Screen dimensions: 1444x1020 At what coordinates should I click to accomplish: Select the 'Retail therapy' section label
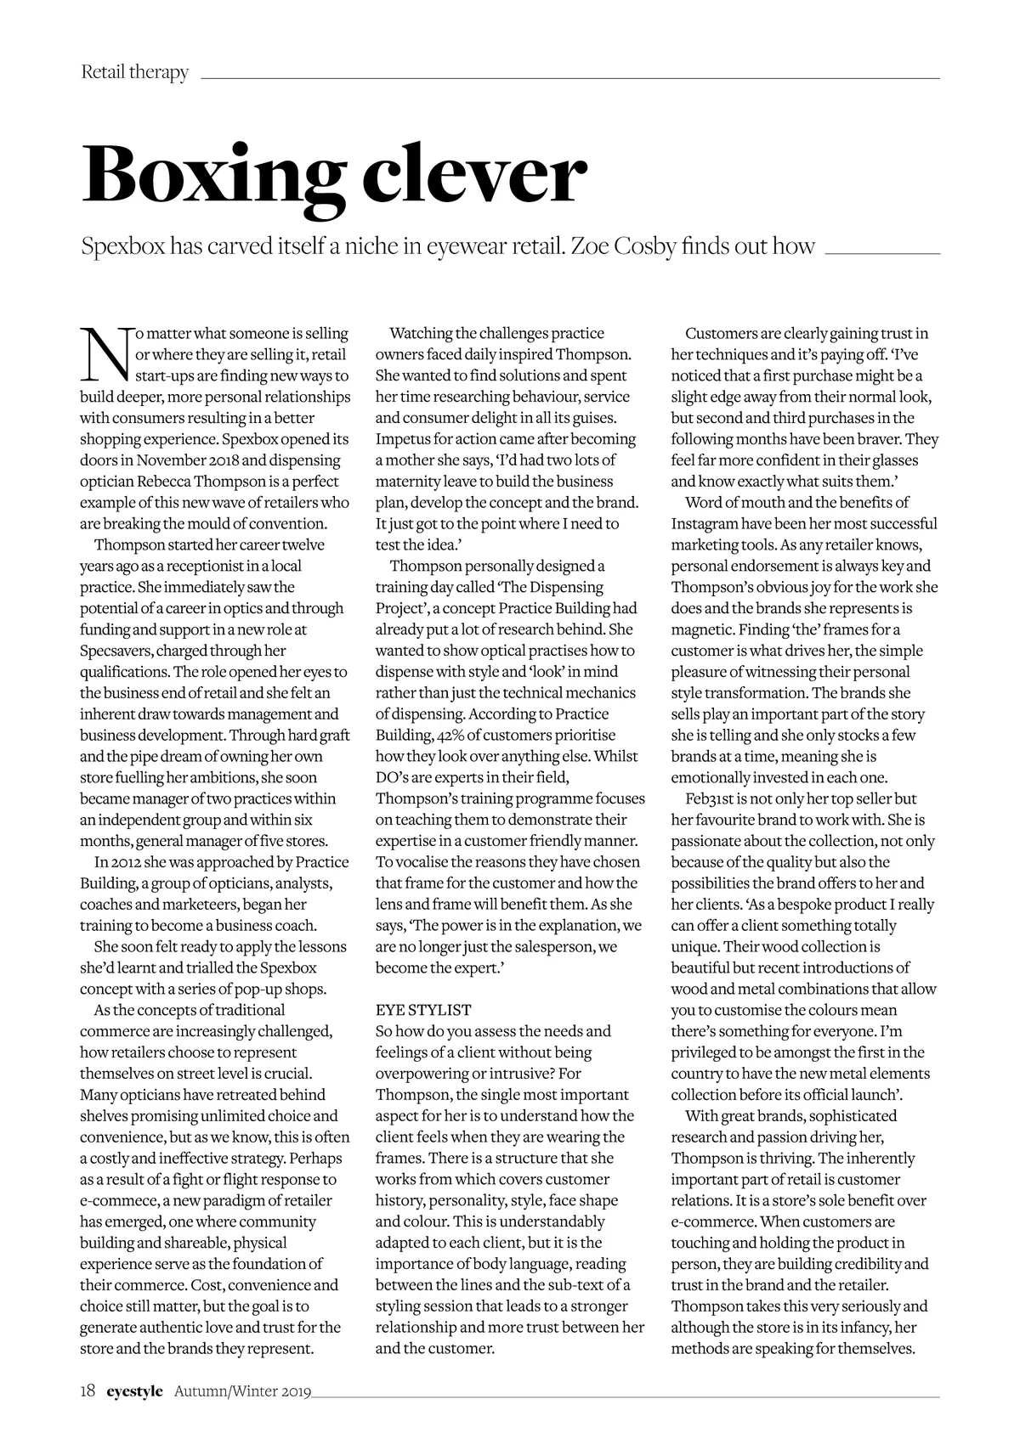point(134,72)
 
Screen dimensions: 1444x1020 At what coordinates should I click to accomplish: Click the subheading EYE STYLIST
point(422,1010)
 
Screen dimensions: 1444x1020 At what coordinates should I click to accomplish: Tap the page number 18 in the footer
point(88,1391)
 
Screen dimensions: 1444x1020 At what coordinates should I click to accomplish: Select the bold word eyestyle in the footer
point(134,1391)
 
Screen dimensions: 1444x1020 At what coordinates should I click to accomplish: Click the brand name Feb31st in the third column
point(711,798)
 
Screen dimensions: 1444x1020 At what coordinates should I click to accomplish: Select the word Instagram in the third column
point(705,523)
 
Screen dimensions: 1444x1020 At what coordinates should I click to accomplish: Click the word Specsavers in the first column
point(116,651)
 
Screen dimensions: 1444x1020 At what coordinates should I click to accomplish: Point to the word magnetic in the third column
point(702,629)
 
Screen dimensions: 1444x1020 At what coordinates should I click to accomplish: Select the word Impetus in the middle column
point(403,439)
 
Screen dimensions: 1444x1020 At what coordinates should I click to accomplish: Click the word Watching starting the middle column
point(421,333)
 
